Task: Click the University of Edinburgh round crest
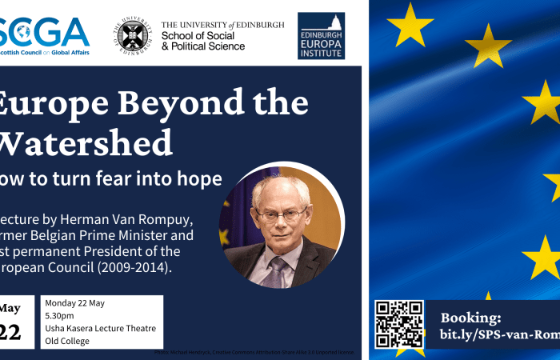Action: (133, 35)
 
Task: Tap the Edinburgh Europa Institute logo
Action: (321, 35)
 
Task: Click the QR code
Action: (399, 324)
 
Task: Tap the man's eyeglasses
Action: (282, 214)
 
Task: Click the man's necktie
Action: (275, 271)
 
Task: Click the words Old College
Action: (67, 341)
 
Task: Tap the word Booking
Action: (471, 317)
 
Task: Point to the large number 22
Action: (10, 332)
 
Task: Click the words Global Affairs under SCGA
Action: (63, 53)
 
